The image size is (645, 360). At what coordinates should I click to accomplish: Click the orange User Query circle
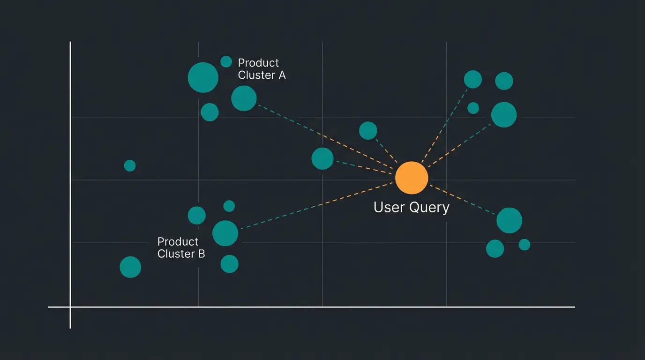[412, 178]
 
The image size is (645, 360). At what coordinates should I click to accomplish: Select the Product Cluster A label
[261, 69]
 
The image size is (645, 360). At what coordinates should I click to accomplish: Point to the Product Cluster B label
[181, 247]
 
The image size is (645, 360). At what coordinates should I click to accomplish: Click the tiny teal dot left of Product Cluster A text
[226, 61]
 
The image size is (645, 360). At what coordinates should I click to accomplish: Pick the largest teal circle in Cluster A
[203, 77]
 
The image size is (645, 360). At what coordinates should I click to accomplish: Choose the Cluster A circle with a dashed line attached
[244, 98]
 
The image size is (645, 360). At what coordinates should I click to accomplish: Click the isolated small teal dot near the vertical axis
[130, 165]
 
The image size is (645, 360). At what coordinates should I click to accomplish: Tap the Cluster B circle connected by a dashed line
[225, 233]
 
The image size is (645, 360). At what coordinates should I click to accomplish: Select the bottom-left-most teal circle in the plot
[130, 267]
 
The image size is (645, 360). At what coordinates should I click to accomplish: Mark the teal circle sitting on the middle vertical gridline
[322, 158]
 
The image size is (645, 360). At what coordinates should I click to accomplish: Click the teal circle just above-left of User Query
[368, 130]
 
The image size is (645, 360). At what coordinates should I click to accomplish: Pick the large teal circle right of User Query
[509, 220]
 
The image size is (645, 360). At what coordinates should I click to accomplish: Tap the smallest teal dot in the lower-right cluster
[525, 245]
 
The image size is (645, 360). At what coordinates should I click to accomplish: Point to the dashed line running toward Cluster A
[323, 136]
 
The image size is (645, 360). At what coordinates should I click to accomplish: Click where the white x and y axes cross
[70, 307]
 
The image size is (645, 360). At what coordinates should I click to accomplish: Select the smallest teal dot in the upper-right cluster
[473, 108]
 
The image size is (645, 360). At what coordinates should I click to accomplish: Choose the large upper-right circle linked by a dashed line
[504, 115]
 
